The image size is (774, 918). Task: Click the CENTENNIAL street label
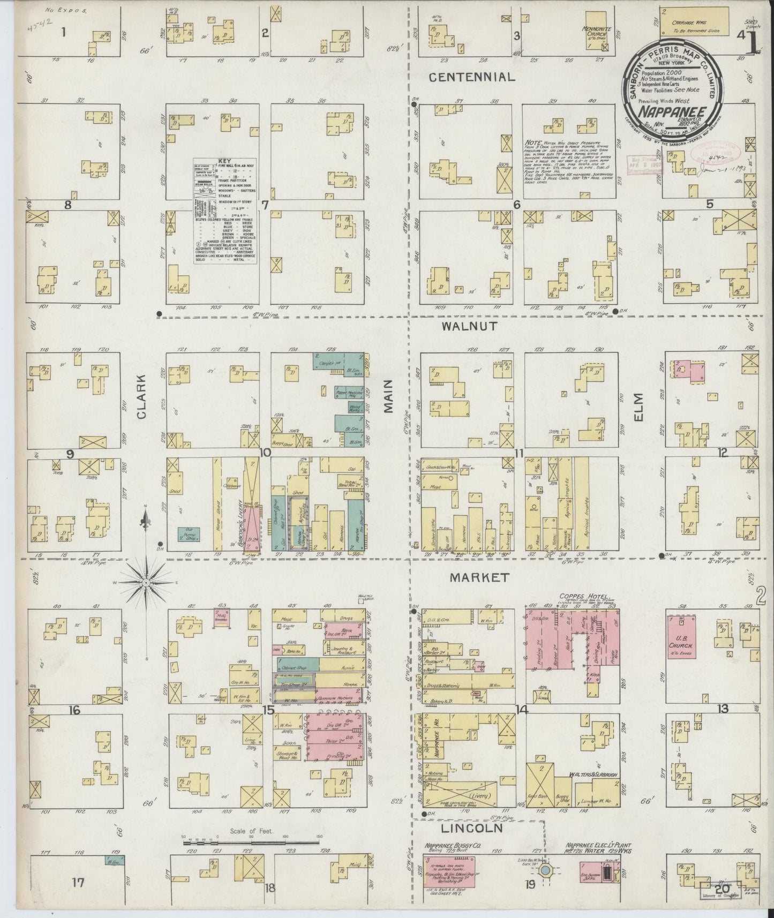pyautogui.click(x=472, y=77)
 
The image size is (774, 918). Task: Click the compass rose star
pyautogui.click(x=146, y=582)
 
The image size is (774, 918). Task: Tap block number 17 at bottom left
pyautogui.click(x=78, y=882)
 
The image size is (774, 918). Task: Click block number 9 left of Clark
pyautogui.click(x=69, y=454)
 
